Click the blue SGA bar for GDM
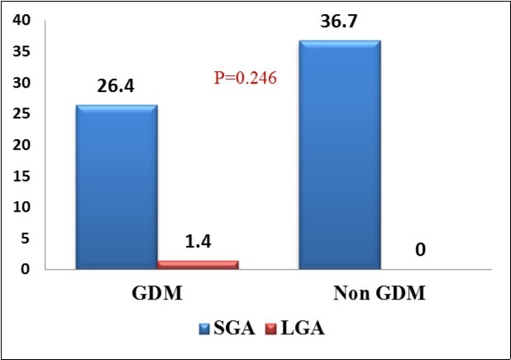[x=116, y=187]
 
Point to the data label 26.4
[x=116, y=86]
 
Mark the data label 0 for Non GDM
[x=420, y=248]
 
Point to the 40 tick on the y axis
[x=19, y=21]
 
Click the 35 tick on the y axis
[x=19, y=52]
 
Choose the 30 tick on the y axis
[x=19, y=84]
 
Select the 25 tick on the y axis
[x=19, y=114]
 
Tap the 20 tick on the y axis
[x=19, y=146]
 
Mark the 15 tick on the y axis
[x=19, y=176]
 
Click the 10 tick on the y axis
[x=19, y=207]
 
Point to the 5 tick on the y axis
[x=24, y=238]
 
